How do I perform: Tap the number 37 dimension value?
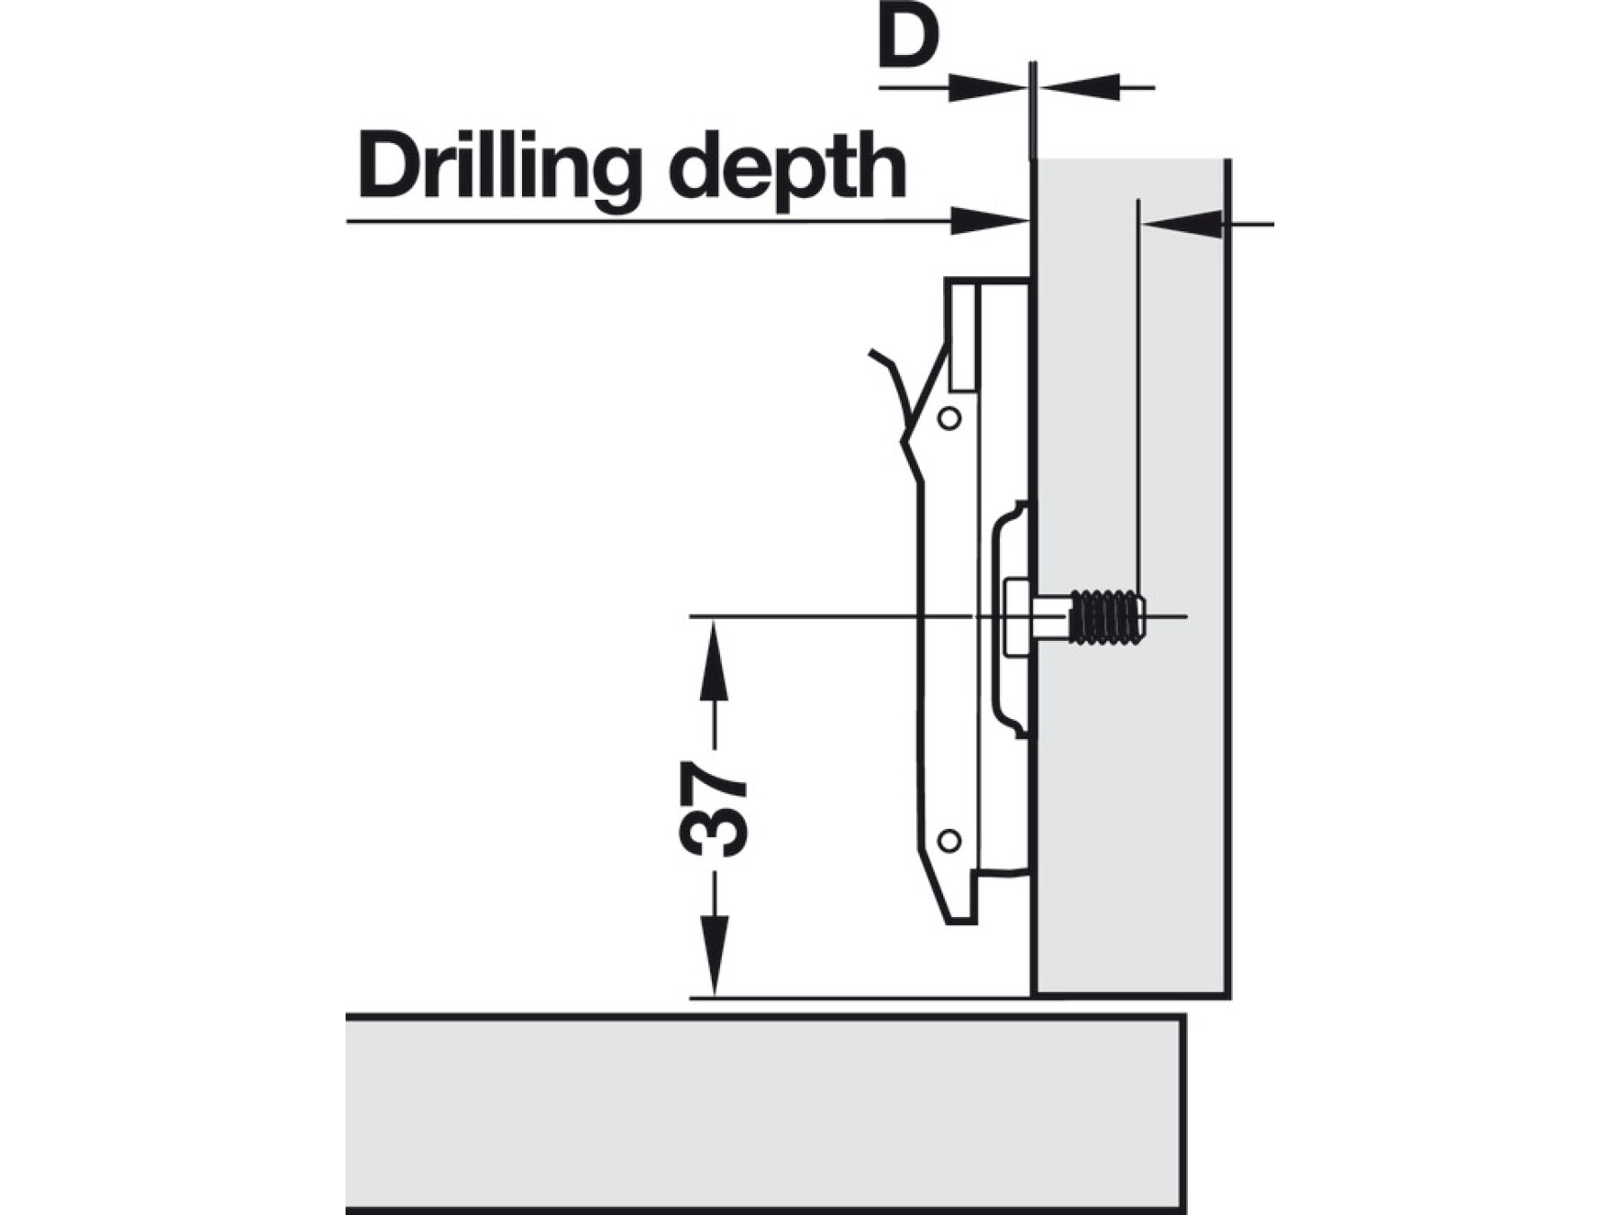pos(714,809)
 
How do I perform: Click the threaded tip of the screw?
pos(1108,617)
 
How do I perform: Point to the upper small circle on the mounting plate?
pos(949,418)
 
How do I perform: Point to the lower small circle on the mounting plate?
pos(949,841)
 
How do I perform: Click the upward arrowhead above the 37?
pos(714,661)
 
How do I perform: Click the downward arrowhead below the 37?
pos(714,956)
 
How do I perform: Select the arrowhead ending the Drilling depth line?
pos(990,220)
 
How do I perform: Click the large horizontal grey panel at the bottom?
pos(765,1115)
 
